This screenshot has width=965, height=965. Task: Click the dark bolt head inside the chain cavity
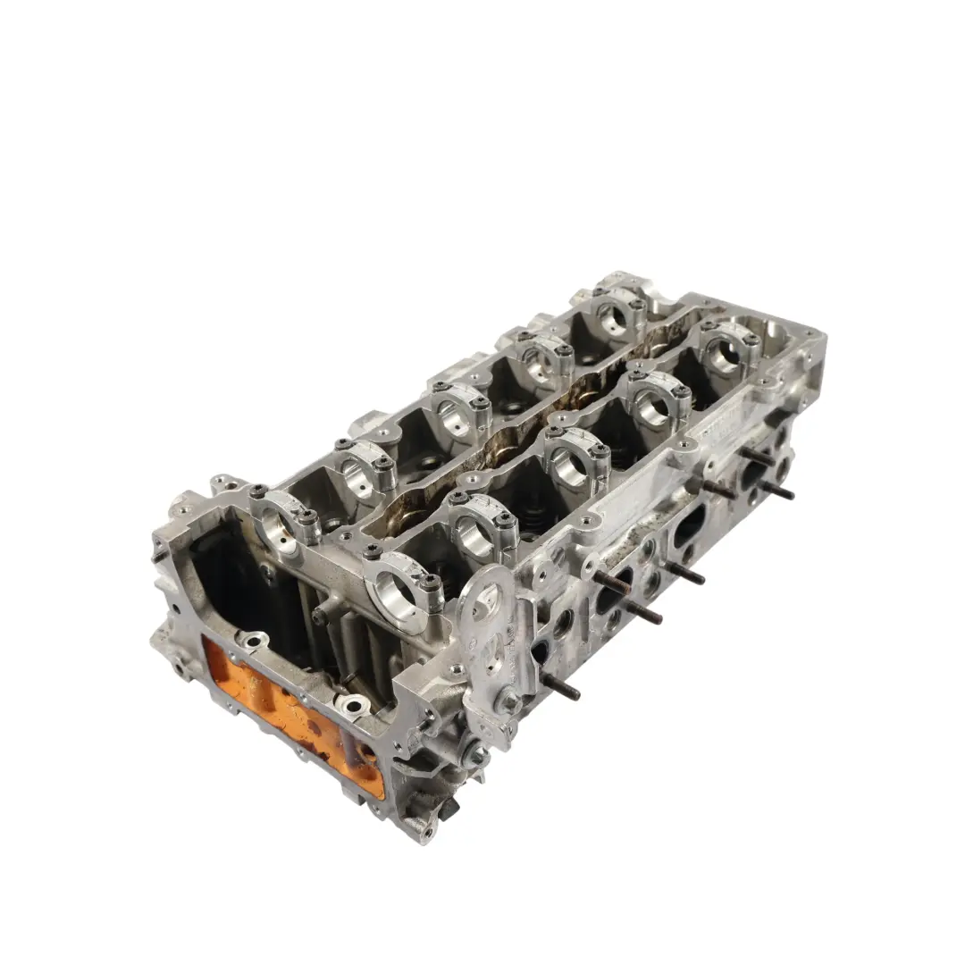click(319, 617)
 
